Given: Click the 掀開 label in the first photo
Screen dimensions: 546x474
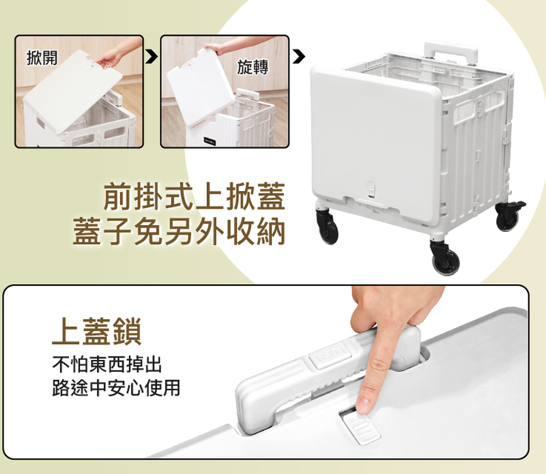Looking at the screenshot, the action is click(42, 57).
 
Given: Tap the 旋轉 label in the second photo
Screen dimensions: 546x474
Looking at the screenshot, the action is click(253, 67).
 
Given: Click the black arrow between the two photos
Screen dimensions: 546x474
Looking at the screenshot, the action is click(151, 57).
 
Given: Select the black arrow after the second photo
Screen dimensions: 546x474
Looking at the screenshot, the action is click(298, 57).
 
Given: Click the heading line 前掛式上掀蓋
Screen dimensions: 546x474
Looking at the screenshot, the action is click(195, 196).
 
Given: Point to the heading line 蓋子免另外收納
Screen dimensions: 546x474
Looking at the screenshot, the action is click(179, 231).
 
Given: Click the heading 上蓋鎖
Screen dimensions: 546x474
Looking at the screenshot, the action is click(97, 331).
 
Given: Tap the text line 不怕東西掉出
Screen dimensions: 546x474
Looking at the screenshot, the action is click(107, 364).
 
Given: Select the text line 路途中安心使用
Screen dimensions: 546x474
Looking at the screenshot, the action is click(116, 387).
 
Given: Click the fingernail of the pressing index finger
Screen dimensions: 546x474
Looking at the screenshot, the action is click(363, 405).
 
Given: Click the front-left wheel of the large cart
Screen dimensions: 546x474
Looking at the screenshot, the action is click(328, 226).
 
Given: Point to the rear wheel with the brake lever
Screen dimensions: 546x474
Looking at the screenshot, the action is click(509, 215).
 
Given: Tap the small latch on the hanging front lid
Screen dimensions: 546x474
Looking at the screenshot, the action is click(372, 190).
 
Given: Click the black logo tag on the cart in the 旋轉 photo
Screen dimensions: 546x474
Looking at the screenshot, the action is click(210, 141).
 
